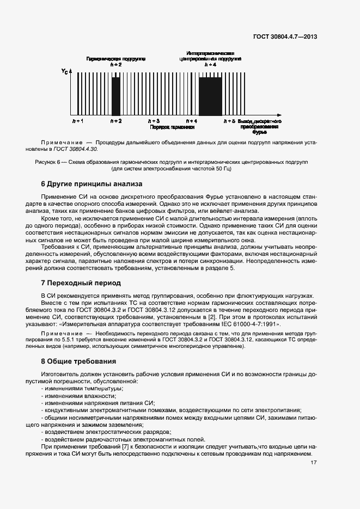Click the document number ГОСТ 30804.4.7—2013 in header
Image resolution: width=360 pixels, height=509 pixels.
point(285,37)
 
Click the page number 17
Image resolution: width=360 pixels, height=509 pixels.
point(314,463)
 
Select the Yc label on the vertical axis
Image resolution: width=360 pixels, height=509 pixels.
point(65,71)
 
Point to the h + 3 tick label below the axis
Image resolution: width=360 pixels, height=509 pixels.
point(154,120)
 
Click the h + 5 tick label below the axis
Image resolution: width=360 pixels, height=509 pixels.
point(230,120)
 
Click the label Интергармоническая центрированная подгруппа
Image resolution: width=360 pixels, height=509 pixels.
point(210,55)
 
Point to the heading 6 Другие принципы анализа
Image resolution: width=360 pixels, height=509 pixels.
point(91,183)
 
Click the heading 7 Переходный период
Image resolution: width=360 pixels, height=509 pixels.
point(81,283)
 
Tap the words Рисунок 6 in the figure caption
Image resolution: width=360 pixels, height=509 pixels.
point(48,162)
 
